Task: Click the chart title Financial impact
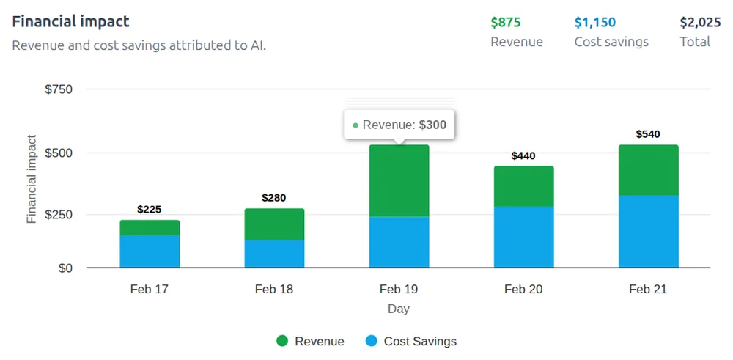pyautogui.click(x=70, y=21)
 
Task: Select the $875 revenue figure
pyautogui.click(x=506, y=22)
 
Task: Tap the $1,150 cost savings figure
pyautogui.click(x=595, y=22)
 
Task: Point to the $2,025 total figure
pyautogui.click(x=700, y=22)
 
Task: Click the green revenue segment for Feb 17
pyautogui.click(x=150, y=227)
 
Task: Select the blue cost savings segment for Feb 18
pyautogui.click(x=274, y=253)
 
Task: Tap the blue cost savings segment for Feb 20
pyautogui.click(x=523, y=236)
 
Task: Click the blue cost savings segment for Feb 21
pyautogui.click(x=648, y=231)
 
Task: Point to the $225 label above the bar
pyautogui.click(x=150, y=210)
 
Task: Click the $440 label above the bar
pyautogui.click(x=523, y=155)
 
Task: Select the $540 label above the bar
pyautogui.click(x=648, y=134)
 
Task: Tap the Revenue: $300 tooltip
pyautogui.click(x=399, y=125)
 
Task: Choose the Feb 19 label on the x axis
pyautogui.click(x=399, y=289)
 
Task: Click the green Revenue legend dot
pyautogui.click(x=283, y=341)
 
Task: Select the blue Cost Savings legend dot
pyautogui.click(x=372, y=341)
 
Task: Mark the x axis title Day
pyautogui.click(x=399, y=309)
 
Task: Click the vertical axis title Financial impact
pyautogui.click(x=32, y=179)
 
